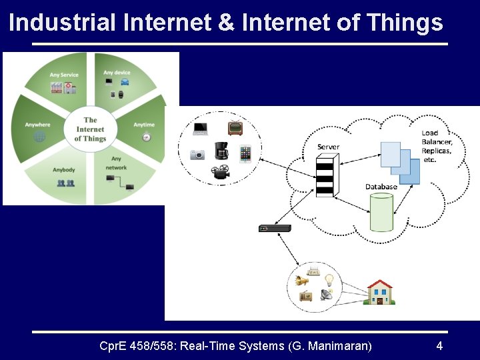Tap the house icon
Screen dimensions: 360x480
(379, 292)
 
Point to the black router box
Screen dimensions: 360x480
(275, 229)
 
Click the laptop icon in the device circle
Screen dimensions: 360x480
(201, 129)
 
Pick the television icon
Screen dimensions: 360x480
(235, 127)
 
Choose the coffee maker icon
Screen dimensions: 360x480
(221, 151)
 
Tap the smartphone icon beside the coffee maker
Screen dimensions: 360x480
(245, 154)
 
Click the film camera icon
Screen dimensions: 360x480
(219, 172)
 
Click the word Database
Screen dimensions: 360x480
(381, 187)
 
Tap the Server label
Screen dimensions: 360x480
(328, 147)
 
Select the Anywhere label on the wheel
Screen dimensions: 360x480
(37, 125)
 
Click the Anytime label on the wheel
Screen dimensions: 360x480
(143, 125)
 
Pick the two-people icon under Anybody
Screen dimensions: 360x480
(65, 183)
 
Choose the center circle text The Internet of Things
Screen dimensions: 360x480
(90, 129)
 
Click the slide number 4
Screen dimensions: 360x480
(439, 345)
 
